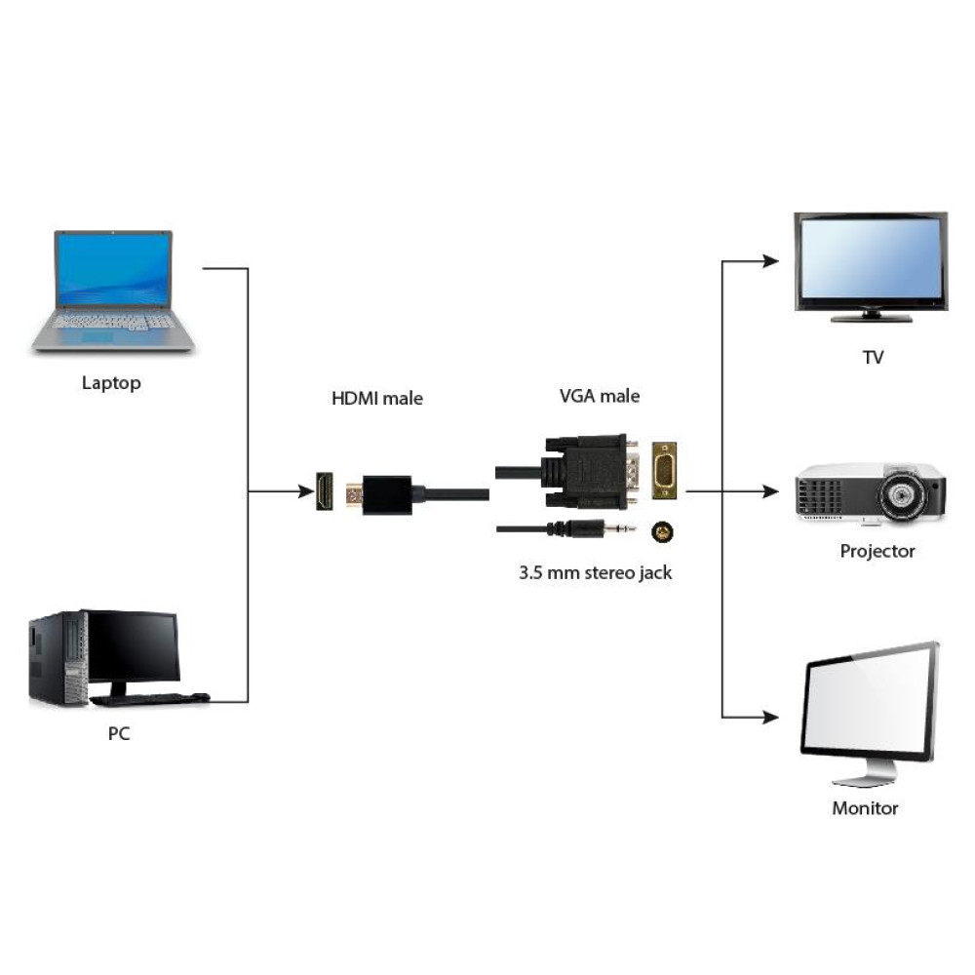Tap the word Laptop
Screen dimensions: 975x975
(x=111, y=383)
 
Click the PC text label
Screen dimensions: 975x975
(x=118, y=733)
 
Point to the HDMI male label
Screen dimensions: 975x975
(x=377, y=398)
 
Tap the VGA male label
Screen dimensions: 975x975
(x=600, y=396)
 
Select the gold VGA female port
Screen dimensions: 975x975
(x=664, y=472)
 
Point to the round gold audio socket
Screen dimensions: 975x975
(x=663, y=531)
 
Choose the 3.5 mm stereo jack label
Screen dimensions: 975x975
(x=595, y=572)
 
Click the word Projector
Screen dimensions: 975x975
(x=877, y=551)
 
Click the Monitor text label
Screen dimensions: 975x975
(x=865, y=808)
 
